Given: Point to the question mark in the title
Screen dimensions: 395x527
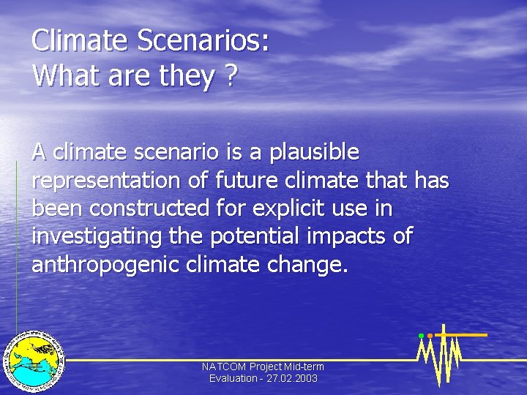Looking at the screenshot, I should point(231,75).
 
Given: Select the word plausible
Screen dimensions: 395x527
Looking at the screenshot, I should point(315,153).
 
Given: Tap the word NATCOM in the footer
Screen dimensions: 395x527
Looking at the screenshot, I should point(224,366).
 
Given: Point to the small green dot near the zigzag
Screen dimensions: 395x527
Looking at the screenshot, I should point(421,336).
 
